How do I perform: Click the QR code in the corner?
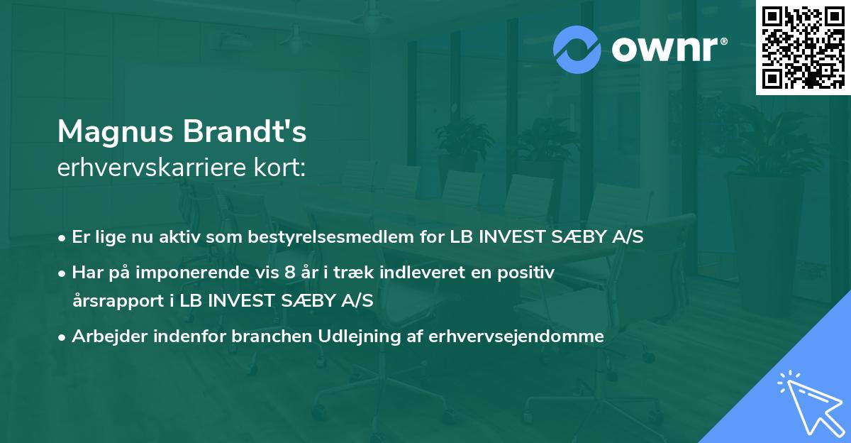click(x=803, y=48)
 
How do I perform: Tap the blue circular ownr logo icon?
click(x=578, y=50)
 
